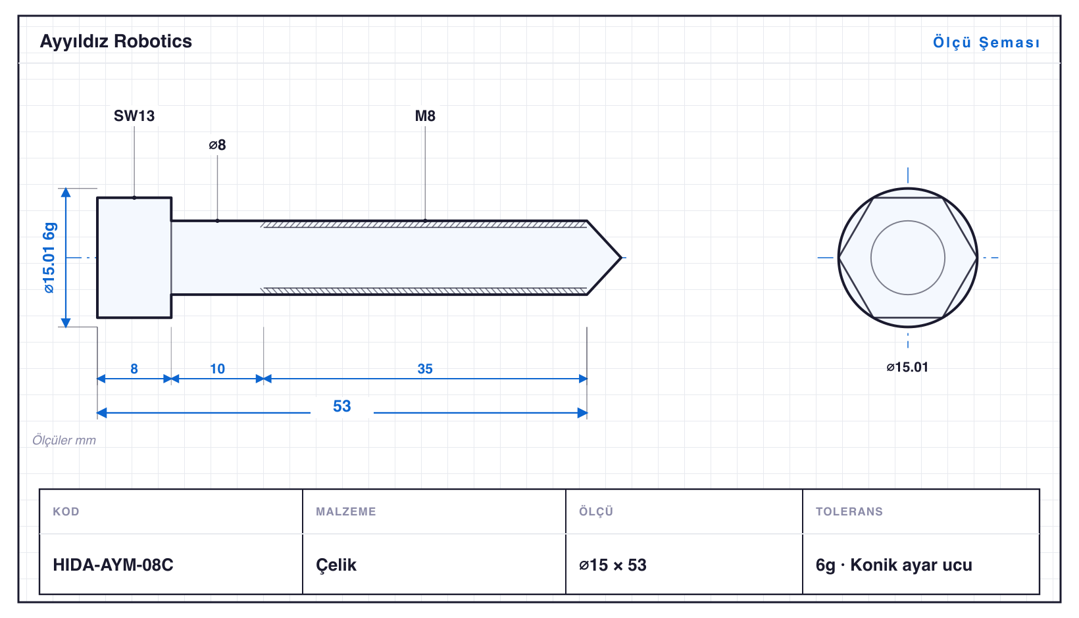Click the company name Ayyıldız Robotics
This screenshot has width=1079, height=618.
(116, 41)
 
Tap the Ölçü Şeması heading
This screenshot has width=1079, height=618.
(986, 42)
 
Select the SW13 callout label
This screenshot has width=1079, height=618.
(134, 116)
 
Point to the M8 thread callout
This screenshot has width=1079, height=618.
(425, 116)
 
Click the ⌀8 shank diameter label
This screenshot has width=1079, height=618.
(217, 145)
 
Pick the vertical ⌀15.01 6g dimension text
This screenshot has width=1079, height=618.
(49, 258)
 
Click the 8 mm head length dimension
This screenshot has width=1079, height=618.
(134, 369)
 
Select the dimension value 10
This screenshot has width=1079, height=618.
(217, 369)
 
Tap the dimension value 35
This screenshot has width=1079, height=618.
(425, 369)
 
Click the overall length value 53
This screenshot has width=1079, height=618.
(342, 406)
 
